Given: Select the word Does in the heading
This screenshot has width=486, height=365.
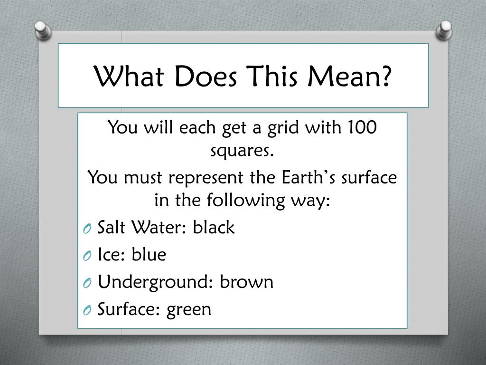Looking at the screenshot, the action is (x=206, y=76).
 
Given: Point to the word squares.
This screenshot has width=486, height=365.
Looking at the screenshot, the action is (x=243, y=151).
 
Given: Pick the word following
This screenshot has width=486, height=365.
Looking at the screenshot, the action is (x=245, y=201).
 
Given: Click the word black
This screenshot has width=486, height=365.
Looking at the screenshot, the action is (x=214, y=227).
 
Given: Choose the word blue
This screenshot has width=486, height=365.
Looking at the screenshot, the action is (x=149, y=254).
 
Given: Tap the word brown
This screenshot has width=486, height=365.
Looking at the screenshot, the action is (x=247, y=281).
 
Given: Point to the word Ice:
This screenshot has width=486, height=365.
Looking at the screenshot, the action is (x=111, y=254).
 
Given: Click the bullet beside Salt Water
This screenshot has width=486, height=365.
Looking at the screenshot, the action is (x=87, y=229).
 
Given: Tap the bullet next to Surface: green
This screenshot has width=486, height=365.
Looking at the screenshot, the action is (x=87, y=311).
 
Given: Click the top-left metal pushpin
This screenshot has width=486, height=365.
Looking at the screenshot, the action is (x=43, y=30).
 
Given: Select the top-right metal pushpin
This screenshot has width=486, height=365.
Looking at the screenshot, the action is (x=444, y=30).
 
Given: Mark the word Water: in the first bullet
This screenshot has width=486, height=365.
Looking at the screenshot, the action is (x=159, y=227).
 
